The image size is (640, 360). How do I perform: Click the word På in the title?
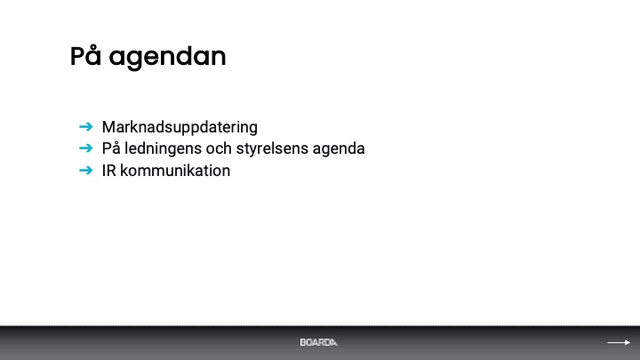pos(85,55)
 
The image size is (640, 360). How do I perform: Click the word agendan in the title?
pos(167,59)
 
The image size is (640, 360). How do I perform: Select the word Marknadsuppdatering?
pos(180,127)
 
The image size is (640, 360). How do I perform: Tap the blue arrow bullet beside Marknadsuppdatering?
pos(85,127)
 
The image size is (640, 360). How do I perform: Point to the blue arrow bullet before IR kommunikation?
pos(85,170)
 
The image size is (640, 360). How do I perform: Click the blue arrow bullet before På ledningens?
pos(85,148)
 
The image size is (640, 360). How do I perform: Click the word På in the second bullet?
pos(111,148)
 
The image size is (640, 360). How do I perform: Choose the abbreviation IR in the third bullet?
pos(109,171)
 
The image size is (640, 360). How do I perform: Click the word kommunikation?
pos(175,171)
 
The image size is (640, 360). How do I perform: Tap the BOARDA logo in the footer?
pos(318,342)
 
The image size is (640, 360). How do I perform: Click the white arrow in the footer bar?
pos(619,342)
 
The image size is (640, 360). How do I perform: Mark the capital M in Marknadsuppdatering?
pos(108,127)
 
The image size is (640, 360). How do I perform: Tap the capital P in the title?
pos(78,56)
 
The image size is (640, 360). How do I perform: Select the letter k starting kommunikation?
pos(124,171)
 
